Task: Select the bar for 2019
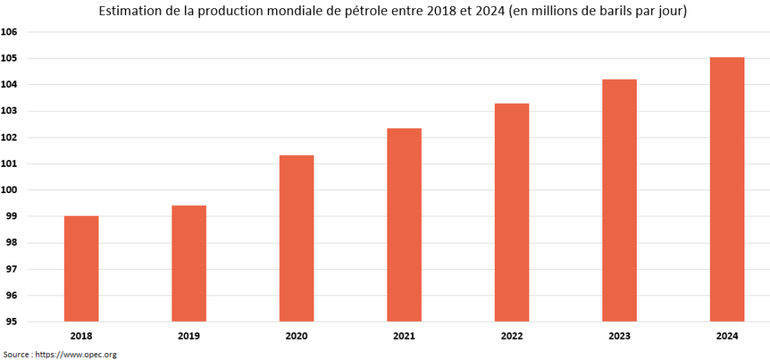[189, 263]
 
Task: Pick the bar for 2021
[404, 225]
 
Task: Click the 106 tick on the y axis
[10, 32]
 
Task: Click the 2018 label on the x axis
[81, 337]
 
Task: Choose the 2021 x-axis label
[404, 337]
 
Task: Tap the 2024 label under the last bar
[727, 337]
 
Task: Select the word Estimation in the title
[124, 12]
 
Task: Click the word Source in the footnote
[15, 354]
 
